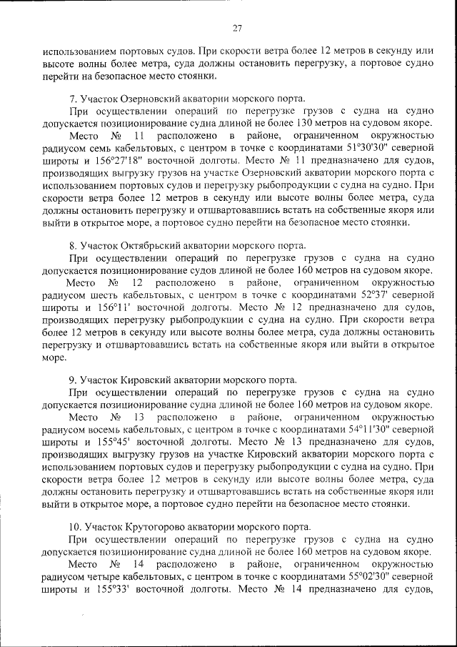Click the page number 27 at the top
click(237, 28)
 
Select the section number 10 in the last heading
click(74, 527)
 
